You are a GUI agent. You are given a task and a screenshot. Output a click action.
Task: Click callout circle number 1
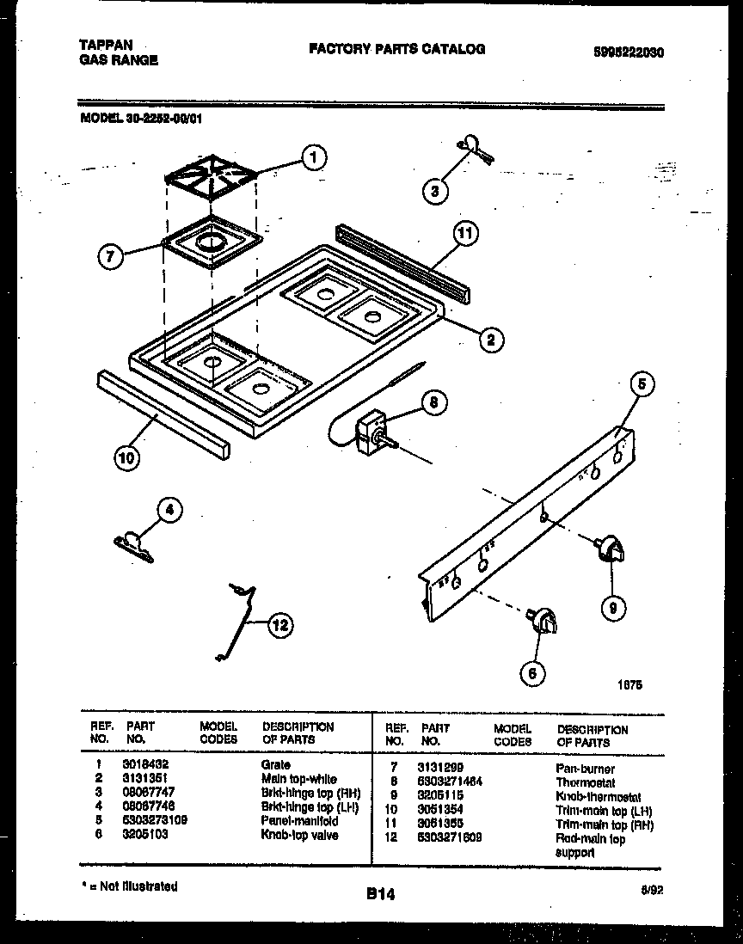315,157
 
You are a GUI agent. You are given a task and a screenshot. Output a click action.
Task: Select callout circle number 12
278,625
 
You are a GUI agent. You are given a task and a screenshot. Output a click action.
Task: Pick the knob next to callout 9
610,548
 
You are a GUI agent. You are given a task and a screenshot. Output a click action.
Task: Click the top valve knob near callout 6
544,620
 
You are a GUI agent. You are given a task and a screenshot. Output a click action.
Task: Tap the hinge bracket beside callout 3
472,148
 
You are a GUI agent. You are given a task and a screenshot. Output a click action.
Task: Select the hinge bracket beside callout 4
132,542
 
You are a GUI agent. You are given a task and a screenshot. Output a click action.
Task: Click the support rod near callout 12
237,619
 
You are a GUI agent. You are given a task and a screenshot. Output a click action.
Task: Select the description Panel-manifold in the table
299,821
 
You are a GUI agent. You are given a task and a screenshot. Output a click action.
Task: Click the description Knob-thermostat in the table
598,797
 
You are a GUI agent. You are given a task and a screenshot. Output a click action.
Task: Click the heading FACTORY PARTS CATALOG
396,49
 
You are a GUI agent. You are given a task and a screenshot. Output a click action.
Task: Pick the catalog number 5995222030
629,52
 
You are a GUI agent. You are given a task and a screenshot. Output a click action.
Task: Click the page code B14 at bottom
378,894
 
